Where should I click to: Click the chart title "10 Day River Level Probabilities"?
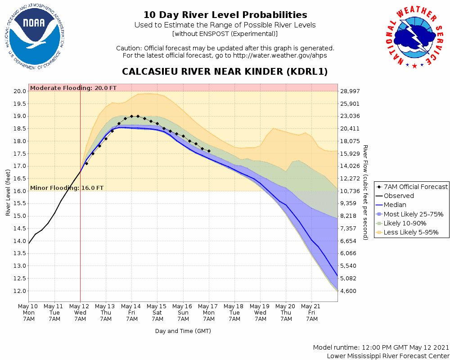point(225,15)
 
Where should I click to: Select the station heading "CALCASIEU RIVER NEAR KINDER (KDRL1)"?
point(225,72)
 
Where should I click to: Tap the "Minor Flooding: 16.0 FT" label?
point(67,188)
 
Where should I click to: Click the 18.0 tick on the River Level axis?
point(19,141)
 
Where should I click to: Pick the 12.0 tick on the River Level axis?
point(19,291)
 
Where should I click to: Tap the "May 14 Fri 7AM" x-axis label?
point(132,312)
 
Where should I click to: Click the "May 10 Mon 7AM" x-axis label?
point(29,312)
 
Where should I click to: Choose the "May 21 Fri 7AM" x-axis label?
point(311,312)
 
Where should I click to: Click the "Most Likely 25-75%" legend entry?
point(413,214)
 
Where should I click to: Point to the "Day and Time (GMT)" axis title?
point(183,331)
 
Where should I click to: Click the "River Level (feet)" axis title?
point(8,193)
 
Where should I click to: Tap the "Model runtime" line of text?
point(381,347)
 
